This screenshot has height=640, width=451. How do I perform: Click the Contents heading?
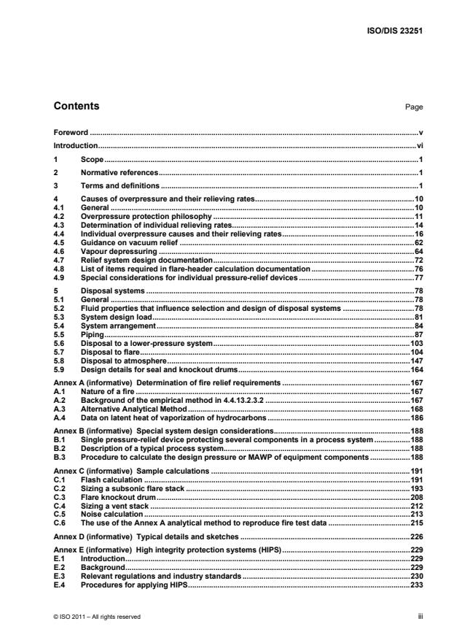tap(77, 107)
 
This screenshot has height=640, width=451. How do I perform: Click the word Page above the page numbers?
tap(415, 107)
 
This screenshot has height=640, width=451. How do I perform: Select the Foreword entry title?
tap(71, 134)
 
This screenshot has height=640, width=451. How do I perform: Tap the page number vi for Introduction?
tap(420, 146)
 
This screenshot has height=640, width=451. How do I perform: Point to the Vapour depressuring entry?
tap(111, 250)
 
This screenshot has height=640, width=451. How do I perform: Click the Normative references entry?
tap(119, 172)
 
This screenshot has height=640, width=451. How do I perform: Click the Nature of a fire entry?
tap(109, 392)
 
